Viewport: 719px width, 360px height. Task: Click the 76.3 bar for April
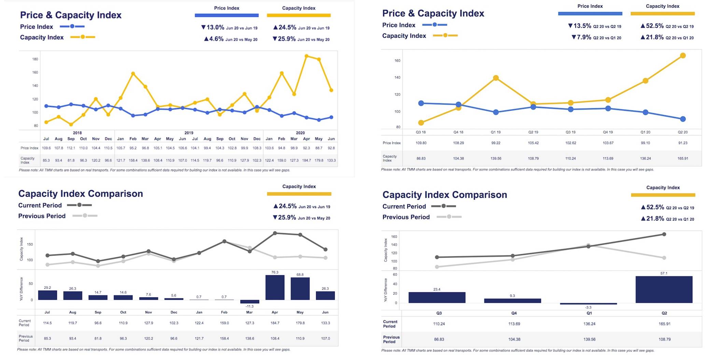275,287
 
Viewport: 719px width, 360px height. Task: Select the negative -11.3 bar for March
250,302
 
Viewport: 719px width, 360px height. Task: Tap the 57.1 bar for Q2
664,289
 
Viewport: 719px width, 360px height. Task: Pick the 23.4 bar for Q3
437,297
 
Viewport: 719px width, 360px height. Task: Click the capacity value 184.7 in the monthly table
306,160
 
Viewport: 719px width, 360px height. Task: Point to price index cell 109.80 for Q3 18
421,143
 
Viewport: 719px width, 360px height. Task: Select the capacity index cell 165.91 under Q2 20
682,159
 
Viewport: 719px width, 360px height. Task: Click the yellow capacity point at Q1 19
496,78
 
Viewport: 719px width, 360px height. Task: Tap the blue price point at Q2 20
682,119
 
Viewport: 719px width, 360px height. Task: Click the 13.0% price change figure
215,28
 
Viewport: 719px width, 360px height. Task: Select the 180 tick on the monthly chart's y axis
35,59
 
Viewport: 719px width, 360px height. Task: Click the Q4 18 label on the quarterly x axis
458,132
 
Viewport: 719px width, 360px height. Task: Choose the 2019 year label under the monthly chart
189,133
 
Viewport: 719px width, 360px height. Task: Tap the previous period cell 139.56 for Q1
589,340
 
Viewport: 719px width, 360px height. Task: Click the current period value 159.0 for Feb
224,323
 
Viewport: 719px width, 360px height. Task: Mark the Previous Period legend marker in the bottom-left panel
85,216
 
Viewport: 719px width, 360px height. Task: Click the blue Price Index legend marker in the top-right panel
434,25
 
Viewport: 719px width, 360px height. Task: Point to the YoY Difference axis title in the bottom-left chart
22,289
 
